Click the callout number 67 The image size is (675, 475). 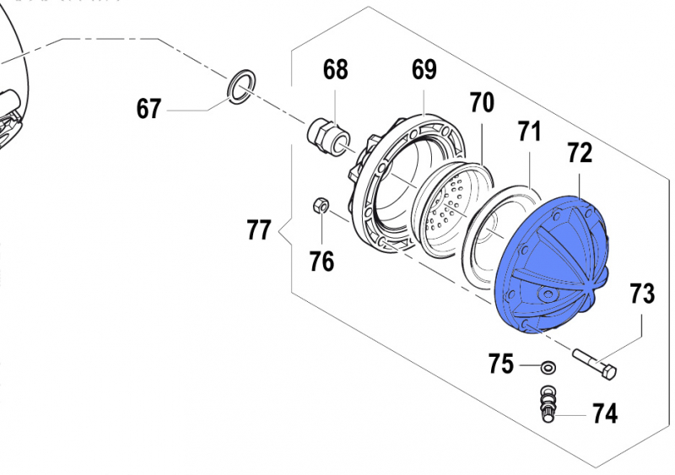149,109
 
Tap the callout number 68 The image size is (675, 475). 335,69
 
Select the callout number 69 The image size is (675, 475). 424,69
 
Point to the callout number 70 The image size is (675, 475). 482,103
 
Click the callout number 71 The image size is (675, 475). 529,132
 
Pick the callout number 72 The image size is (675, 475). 580,153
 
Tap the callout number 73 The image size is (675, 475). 642,294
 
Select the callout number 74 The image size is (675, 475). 605,414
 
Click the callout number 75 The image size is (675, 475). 501,364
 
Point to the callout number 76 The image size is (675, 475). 321,262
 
